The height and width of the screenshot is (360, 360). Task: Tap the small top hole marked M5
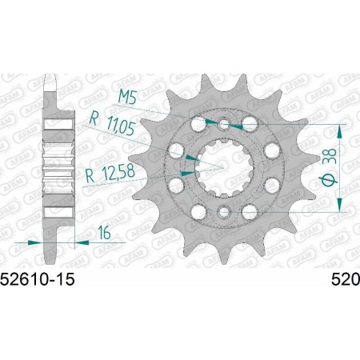click(225, 124)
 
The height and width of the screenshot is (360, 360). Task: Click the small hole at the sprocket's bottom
click(225, 211)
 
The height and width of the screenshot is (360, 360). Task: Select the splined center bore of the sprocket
click(225, 167)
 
